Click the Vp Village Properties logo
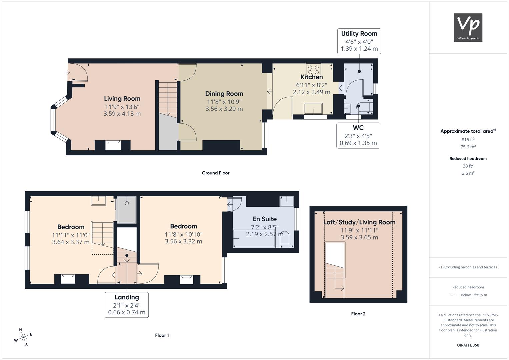tap(468, 27)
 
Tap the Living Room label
tap(122, 99)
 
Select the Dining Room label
tap(224, 94)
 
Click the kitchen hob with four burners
tap(314, 69)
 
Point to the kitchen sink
tap(313, 109)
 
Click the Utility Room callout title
tap(359, 34)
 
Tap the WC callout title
tap(358, 128)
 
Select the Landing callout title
tap(127, 297)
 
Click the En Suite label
tap(265, 219)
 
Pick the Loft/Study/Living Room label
tap(359, 222)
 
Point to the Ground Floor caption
tap(216, 173)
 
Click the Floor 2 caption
tap(358, 314)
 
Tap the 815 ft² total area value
tap(468, 140)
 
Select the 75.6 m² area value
tap(468, 147)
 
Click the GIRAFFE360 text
tap(468, 345)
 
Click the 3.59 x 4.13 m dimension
tap(122, 114)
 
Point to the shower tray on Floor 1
tap(127, 210)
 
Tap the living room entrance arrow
tap(67, 72)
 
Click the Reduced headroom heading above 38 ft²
tap(468, 159)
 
